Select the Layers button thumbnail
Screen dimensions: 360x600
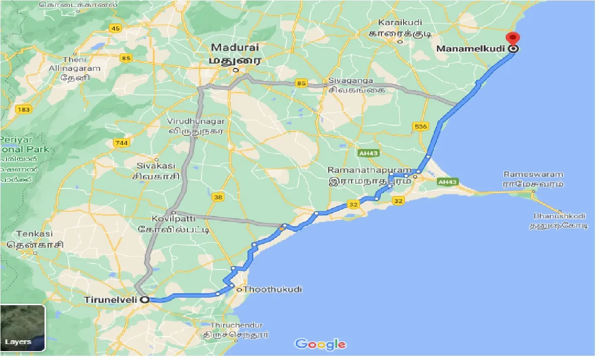point(22,328)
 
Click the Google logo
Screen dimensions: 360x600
point(321,345)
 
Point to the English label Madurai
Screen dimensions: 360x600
point(234,47)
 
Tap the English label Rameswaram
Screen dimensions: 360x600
point(533,174)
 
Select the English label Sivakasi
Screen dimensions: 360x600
point(156,165)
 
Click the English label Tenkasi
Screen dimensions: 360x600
point(35,233)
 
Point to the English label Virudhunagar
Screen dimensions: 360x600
point(196,121)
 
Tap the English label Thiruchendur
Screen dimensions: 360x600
point(236,325)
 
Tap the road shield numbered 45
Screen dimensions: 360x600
point(115,29)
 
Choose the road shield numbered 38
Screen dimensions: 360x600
point(217,197)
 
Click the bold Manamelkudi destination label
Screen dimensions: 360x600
point(472,49)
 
